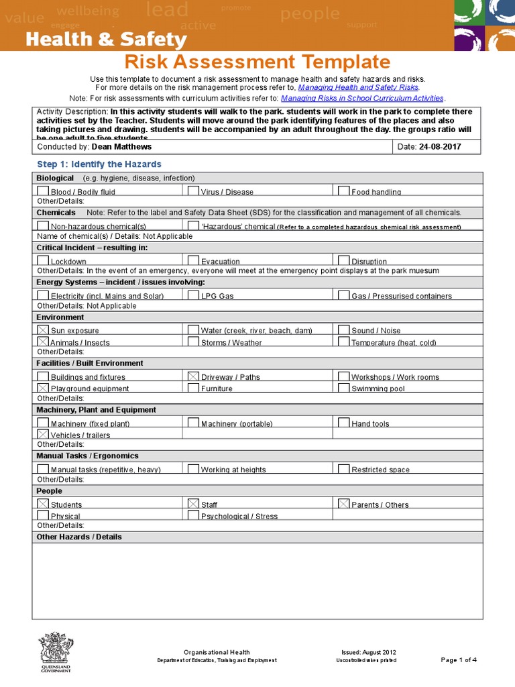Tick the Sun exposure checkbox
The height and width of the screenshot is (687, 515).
(x=43, y=329)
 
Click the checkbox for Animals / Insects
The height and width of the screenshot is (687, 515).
(x=43, y=341)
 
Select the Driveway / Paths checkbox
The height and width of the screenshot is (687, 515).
(x=193, y=376)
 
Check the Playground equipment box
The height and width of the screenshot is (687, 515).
(x=43, y=388)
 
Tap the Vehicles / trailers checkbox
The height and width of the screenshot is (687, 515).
(x=43, y=434)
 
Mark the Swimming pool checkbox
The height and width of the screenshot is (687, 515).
(x=344, y=388)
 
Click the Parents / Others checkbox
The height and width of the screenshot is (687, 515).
(x=344, y=503)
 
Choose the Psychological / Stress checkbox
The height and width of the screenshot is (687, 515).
(x=193, y=515)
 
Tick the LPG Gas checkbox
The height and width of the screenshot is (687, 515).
(x=193, y=295)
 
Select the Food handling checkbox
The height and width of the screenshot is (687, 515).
(x=344, y=191)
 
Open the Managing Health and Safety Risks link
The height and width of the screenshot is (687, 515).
(x=358, y=87)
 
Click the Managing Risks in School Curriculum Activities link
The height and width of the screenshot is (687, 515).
(x=362, y=98)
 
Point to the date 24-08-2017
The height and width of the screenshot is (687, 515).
(x=440, y=147)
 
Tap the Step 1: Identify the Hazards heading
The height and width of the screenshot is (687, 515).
(x=99, y=164)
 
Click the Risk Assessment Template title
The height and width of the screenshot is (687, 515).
(x=257, y=62)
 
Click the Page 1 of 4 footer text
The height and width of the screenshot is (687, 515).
(x=459, y=660)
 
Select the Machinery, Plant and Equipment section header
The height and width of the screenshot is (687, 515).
(x=97, y=410)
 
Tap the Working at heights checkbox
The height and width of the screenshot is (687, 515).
(x=193, y=469)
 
